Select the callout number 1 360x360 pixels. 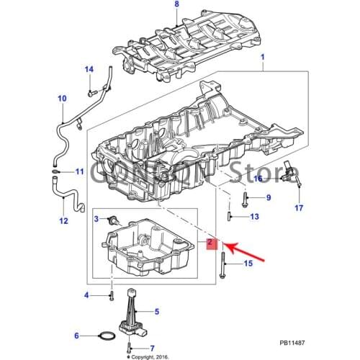[x=262, y=57]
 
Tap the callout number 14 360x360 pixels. [x=89, y=69]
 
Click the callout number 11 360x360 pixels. [x=79, y=171]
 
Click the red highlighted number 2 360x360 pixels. [x=210, y=244]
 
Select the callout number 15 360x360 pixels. [x=248, y=264]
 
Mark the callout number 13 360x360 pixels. [x=254, y=217]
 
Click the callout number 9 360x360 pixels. [x=268, y=198]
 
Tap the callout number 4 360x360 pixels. [x=86, y=295]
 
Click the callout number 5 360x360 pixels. [x=156, y=312]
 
